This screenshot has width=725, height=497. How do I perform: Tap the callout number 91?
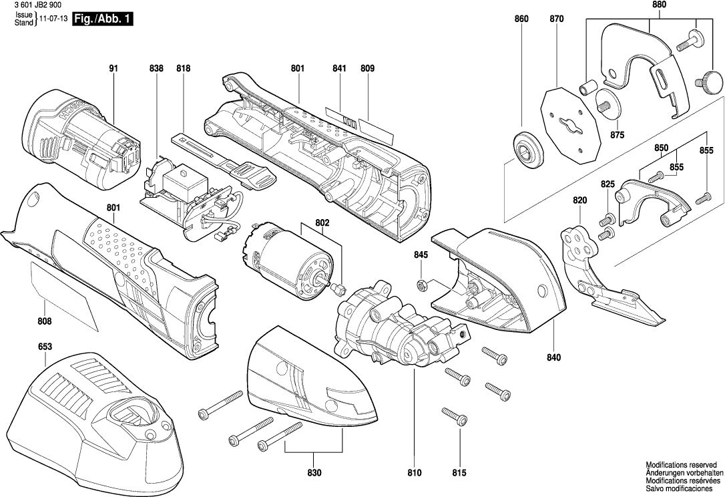114,69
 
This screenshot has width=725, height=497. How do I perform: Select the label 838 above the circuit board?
156,69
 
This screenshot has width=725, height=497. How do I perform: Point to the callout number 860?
521,19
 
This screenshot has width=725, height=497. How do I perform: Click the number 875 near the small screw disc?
617,135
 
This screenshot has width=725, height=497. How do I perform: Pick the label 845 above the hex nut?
421,255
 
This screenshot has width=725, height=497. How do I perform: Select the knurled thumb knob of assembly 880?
712,84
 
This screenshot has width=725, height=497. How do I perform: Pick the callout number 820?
579,200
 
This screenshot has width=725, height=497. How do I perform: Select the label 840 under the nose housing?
553,357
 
